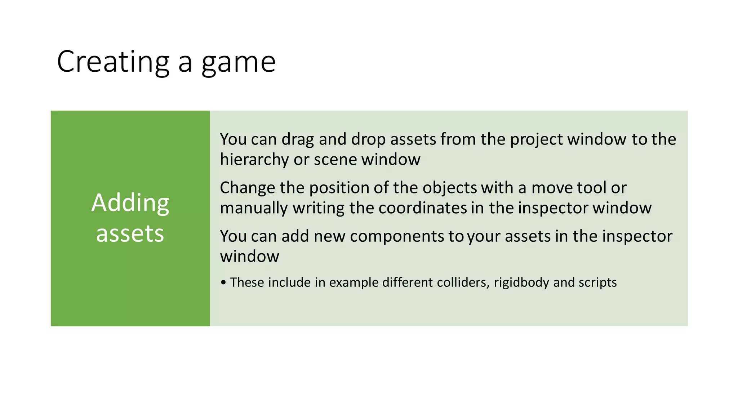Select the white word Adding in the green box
click(130, 203)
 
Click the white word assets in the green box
click(130, 233)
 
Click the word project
click(536, 140)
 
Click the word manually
click(254, 208)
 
